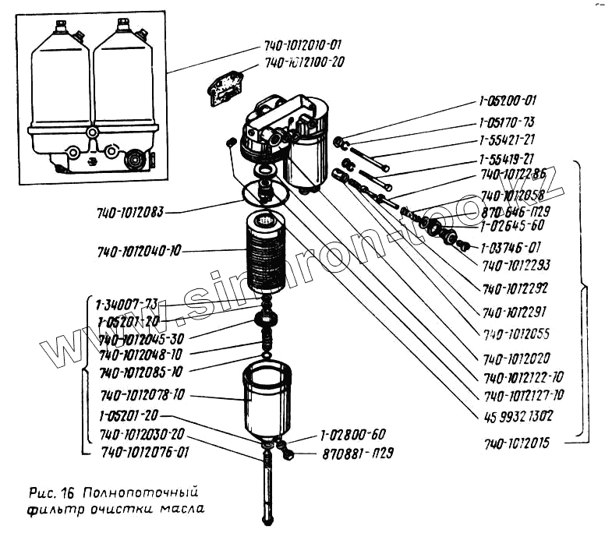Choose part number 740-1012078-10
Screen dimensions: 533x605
[x=142, y=395]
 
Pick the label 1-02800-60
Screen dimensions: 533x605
[x=352, y=435]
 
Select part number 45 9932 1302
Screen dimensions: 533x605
[x=519, y=415]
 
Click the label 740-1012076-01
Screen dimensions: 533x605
[x=144, y=451]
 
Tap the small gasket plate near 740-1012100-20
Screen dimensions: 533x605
[x=225, y=85]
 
